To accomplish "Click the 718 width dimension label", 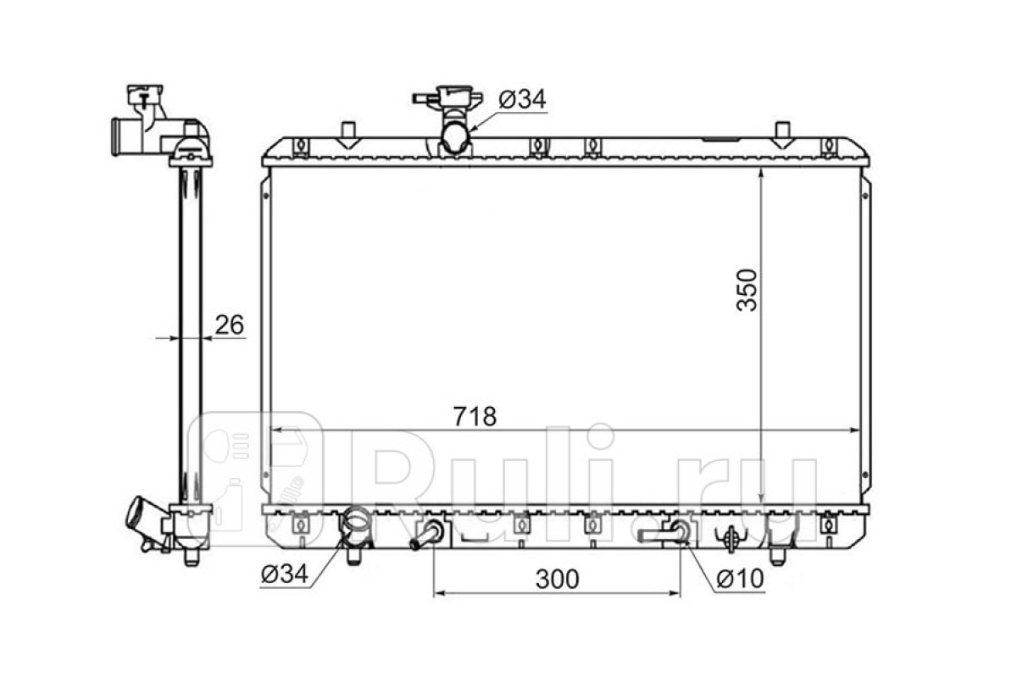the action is click(x=475, y=416).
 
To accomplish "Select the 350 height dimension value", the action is click(x=747, y=290).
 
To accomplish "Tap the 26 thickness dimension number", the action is click(x=230, y=325).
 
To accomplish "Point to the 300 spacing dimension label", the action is click(x=558, y=579).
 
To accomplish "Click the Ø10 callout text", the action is click(x=740, y=579).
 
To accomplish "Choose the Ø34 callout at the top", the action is click(x=522, y=99).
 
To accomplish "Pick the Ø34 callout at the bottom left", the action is click(x=285, y=575).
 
